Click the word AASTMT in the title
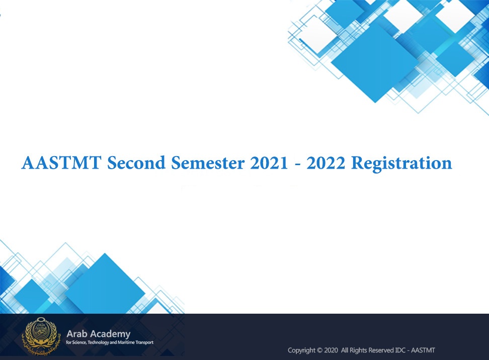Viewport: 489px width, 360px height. point(61,163)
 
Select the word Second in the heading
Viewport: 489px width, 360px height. point(136,163)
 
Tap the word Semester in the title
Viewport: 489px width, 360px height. point(208,163)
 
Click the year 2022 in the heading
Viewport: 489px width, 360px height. point(326,163)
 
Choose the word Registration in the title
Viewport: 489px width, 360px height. point(401,164)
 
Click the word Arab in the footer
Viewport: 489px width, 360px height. point(76,334)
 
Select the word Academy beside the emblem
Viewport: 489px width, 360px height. point(110,334)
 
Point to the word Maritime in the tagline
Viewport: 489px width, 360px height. point(126,342)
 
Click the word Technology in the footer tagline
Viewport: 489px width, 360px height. point(98,342)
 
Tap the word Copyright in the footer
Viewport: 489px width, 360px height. point(301,350)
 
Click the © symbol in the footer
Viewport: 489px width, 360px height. point(319,350)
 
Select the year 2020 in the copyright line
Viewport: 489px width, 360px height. point(331,350)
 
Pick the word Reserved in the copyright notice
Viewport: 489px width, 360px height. point(381,350)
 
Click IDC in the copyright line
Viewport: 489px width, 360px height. point(400,350)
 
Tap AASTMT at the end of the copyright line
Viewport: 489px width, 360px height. point(423,350)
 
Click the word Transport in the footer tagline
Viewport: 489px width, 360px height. point(144,342)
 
